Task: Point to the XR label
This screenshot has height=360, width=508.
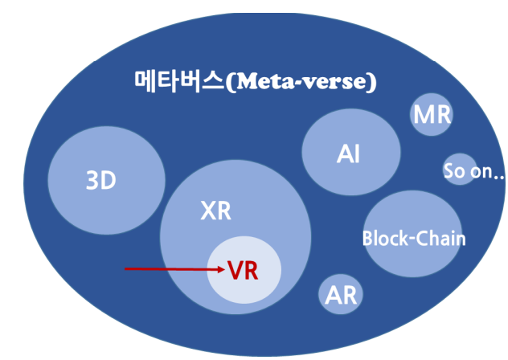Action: [x=215, y=211]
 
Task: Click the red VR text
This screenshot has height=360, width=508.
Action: [x=243, y=271]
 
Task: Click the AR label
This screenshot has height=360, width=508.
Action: [x=341, y=295]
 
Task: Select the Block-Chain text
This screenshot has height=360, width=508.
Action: [x=413, y=239]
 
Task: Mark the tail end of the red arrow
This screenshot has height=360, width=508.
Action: [x=125, y=269]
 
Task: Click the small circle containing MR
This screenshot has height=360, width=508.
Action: [x=432, y=115]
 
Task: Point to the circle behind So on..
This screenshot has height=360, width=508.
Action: [x=460, y=169]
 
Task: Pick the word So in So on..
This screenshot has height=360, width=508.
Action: [x=453, y=171]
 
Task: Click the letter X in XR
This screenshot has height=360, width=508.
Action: [x=207, y=211]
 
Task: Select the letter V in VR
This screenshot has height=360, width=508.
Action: [x=235, y=271]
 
